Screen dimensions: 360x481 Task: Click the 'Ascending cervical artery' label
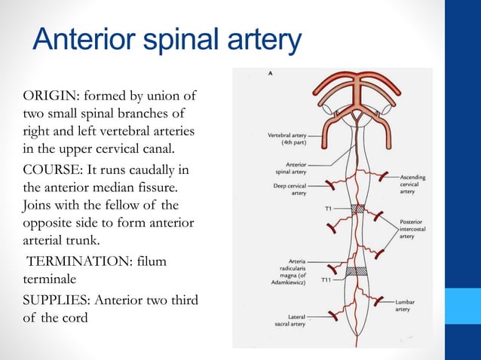413,185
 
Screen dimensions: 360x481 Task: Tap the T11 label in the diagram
326,279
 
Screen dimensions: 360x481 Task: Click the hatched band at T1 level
357,208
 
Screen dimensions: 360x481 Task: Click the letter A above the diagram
271,74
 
